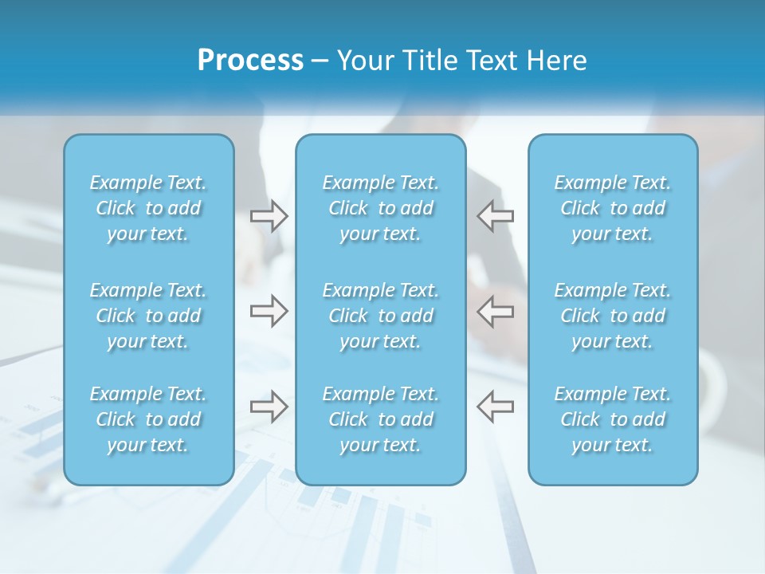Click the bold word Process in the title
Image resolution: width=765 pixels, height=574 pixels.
tap(250, 61)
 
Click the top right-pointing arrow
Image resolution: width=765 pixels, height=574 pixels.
tap(269, 216)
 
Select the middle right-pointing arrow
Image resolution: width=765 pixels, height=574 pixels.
tap(269, 310)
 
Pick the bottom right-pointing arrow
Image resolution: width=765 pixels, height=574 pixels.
tap(269, 406)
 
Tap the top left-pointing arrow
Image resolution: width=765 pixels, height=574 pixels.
tap(496, 216)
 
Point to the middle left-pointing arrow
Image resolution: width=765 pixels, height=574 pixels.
tap(496, 310)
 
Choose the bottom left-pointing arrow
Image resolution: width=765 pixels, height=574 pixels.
tap(496, 406)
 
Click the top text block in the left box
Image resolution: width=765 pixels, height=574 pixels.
tap(148, 208)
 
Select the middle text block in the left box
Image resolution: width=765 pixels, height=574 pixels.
tap(148, 316)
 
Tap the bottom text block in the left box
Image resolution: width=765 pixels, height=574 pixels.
tap(148, 419)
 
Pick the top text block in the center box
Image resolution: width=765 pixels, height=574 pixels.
tap(381, 208)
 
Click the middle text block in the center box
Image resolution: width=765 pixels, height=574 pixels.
tap(381, 316)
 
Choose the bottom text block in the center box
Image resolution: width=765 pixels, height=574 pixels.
tap(381, 419)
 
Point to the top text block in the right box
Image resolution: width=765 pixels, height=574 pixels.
tap(613, 208)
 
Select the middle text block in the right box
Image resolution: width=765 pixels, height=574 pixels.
tap(613, 316)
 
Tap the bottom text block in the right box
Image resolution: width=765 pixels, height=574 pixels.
tap(613, 419)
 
